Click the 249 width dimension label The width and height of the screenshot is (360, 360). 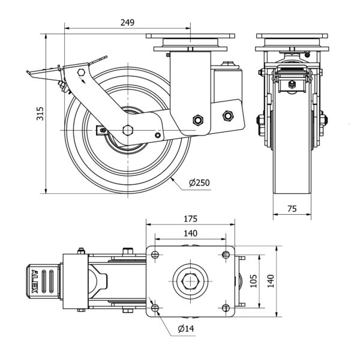pos(127,22)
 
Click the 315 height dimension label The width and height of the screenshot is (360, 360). pos(40,113)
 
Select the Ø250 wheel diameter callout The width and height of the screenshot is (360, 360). pos(198,182)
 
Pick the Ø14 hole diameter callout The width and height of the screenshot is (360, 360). pos(185,329)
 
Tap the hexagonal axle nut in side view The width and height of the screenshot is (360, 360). pos(127,130)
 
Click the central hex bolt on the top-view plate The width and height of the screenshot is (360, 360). pos(190,280)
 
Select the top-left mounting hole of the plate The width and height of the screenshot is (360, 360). pos(155,255)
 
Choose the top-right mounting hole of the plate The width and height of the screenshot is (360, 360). pos(226,255)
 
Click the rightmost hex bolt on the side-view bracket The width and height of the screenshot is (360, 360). pos(227,115)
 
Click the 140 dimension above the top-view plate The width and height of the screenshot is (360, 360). pos(191,235)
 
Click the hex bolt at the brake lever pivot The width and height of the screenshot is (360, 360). pos(80,73)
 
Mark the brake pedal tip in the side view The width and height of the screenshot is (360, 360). pos(28,74)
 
